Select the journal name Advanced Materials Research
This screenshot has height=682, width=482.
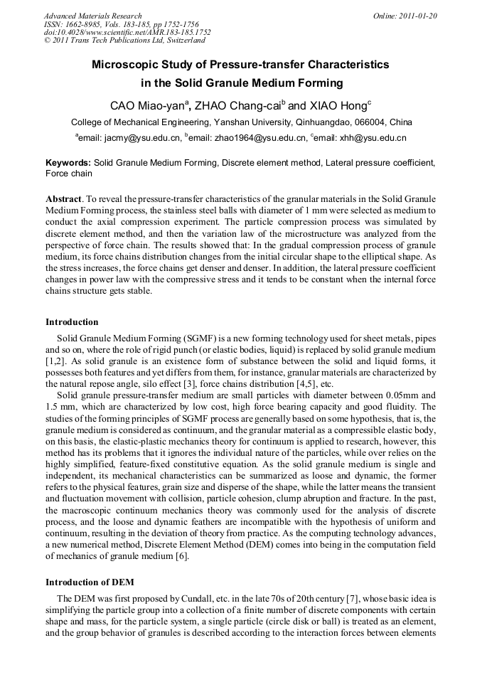coord(92,16)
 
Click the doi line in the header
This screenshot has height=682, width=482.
coord(127,32)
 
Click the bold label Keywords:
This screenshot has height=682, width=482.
coord(68,163)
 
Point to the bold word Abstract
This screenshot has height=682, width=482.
coord(64,198)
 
